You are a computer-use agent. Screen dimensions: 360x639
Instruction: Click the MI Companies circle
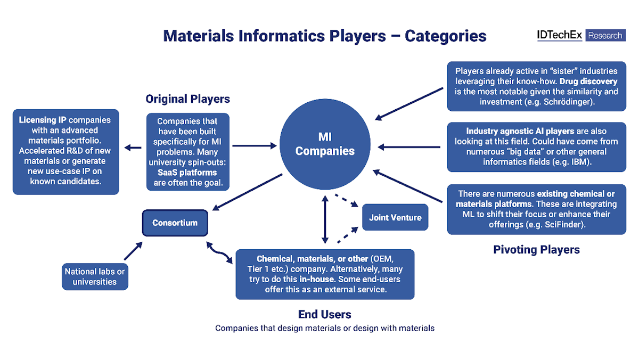pos(325,144)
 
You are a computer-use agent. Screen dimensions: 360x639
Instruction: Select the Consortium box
pos(175,223)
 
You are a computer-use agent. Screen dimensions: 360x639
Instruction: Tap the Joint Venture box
pos(395,217)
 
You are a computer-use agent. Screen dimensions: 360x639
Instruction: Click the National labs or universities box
pos(95,276)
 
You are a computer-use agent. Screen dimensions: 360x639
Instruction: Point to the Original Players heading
pos(188,99)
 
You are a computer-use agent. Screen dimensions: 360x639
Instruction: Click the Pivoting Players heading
pos(536,249)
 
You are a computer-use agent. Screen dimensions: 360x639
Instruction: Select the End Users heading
pos(324,314)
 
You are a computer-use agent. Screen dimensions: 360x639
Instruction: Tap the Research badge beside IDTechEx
pos(605,36)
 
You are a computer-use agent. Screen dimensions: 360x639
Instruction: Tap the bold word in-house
pos(318,279)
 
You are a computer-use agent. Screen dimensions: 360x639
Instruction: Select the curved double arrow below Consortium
pos(219,252)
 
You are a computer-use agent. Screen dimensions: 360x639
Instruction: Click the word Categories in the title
pos(446,36)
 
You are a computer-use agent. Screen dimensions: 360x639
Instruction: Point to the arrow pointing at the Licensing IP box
pos(134,148)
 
